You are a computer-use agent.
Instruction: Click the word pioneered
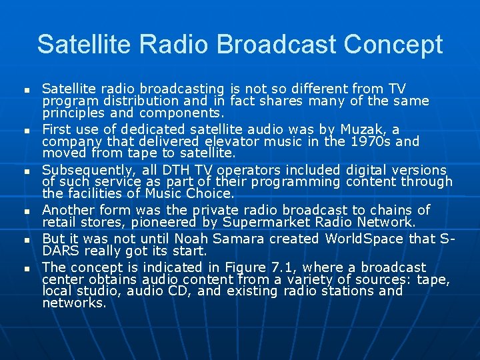click(x=168, y=222)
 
